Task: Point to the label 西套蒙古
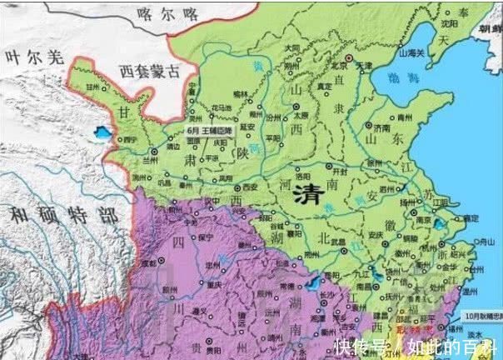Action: [x=149, y=71]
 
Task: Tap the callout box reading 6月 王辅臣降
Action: [x=212, y=130]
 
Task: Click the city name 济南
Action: [x=381, y=129]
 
